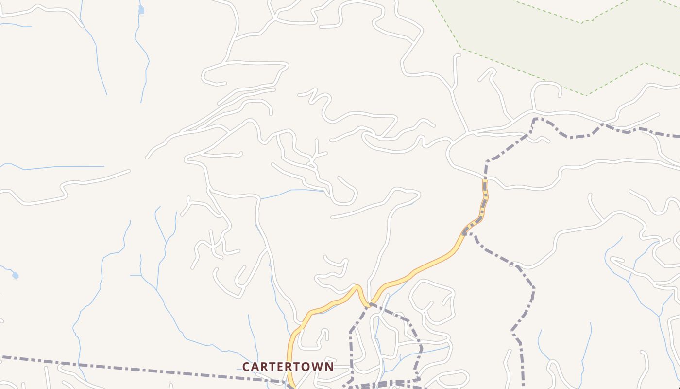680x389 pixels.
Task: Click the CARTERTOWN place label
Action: tap(288, 367)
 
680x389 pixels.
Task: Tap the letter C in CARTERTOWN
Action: tap(246, 367)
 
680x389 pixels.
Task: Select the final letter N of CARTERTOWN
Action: tap(329, 367)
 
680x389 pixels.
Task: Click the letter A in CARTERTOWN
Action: tap(255, 367)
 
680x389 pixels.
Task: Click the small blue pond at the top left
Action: tap(141, 10)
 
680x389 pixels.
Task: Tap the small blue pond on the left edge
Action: tap(15, 276)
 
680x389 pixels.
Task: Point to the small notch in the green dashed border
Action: tap(587, 21)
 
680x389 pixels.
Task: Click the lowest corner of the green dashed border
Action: tap(586, 95)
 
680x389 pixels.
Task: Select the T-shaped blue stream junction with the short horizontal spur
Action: tap(141, 275)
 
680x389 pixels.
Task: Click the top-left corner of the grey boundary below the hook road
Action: tap(535, 118)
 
